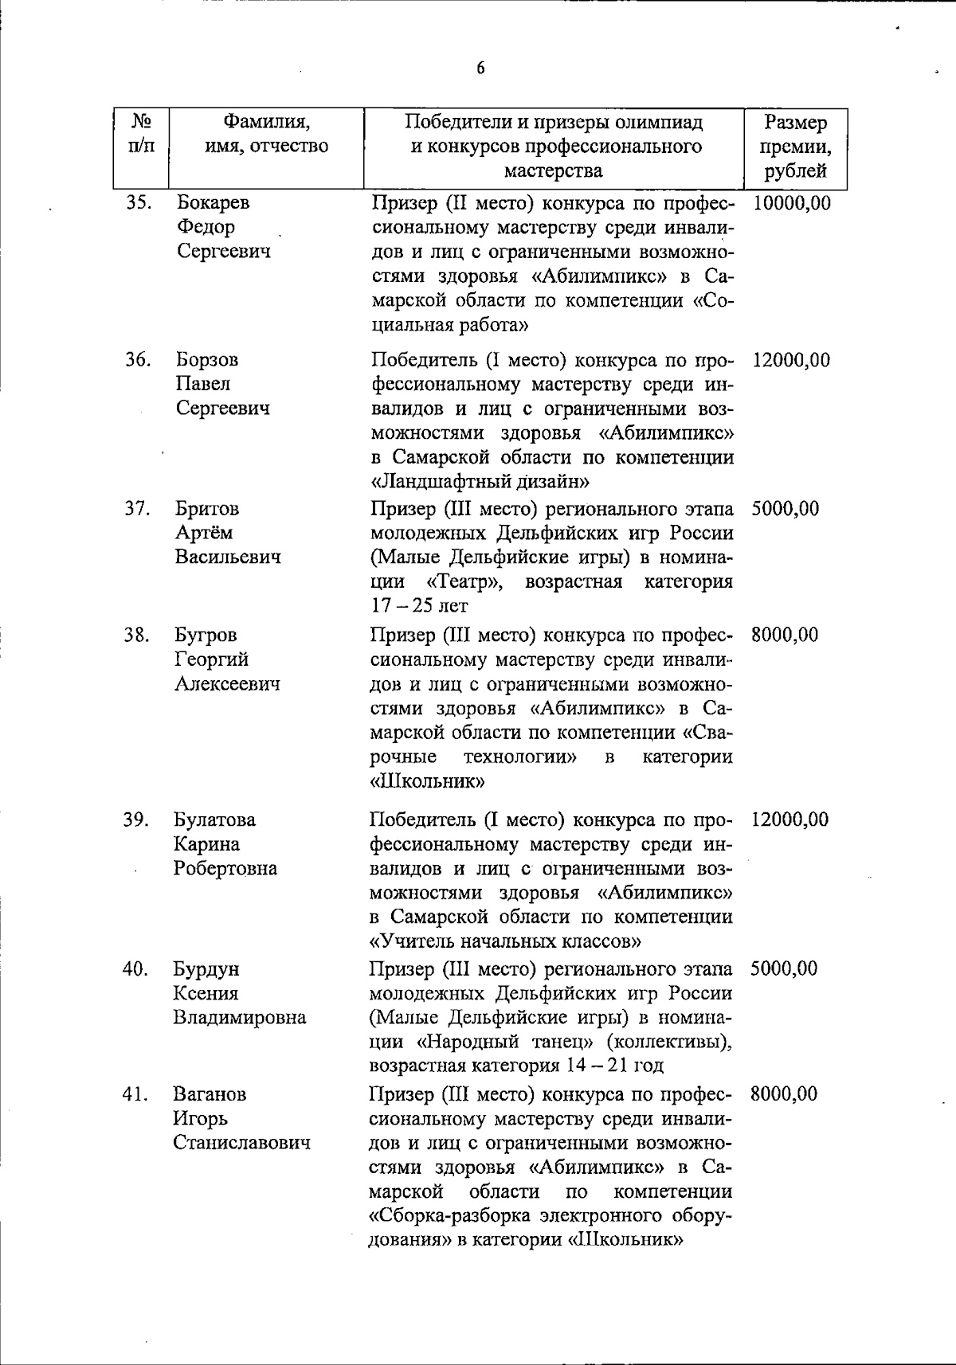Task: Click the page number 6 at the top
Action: click(480, 68)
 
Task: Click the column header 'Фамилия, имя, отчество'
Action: click(266, 135)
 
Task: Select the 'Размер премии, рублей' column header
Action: click(794, 147)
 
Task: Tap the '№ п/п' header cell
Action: click(141, 135)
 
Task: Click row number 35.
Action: click(139, 203)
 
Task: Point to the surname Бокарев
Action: click(213, 203)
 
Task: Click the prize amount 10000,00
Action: click(790, 203)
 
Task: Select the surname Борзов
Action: click(207, 360)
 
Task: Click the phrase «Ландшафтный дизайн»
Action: click(480, 482)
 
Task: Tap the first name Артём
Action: click(204, 533)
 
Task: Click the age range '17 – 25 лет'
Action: click(419, 606)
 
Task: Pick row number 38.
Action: click(137, 636)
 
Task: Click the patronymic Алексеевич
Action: click(227, 684)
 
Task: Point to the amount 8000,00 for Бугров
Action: click(784, 636)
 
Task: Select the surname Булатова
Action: click(215, 820)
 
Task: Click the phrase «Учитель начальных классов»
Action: click(506, 941)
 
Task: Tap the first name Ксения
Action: click(206, 994)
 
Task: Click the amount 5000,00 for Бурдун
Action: click(784, 969)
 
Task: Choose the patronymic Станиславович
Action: click(242, 1143)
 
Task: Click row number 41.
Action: click(136, 1094)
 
